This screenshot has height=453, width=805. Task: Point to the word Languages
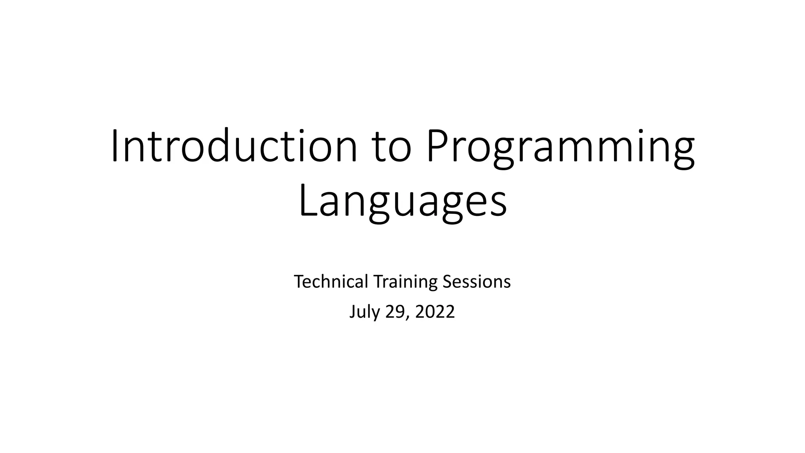(402, 203)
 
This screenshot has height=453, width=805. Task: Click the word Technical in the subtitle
(331, 282)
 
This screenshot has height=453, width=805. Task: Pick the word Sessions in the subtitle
(476, 282)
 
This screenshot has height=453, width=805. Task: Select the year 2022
(435, 312)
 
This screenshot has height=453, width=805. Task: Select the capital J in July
(353, 312)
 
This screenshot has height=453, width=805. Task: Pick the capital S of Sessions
(447, 282)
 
